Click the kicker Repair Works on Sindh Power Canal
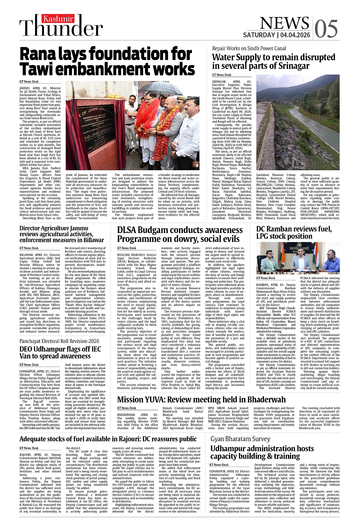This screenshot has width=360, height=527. tap(249, 48)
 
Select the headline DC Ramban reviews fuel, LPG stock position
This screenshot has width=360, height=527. tap(294, 232)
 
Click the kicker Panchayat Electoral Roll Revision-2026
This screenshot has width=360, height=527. tap(59, 341)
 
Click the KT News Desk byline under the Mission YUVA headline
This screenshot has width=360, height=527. tap(127, 408)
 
